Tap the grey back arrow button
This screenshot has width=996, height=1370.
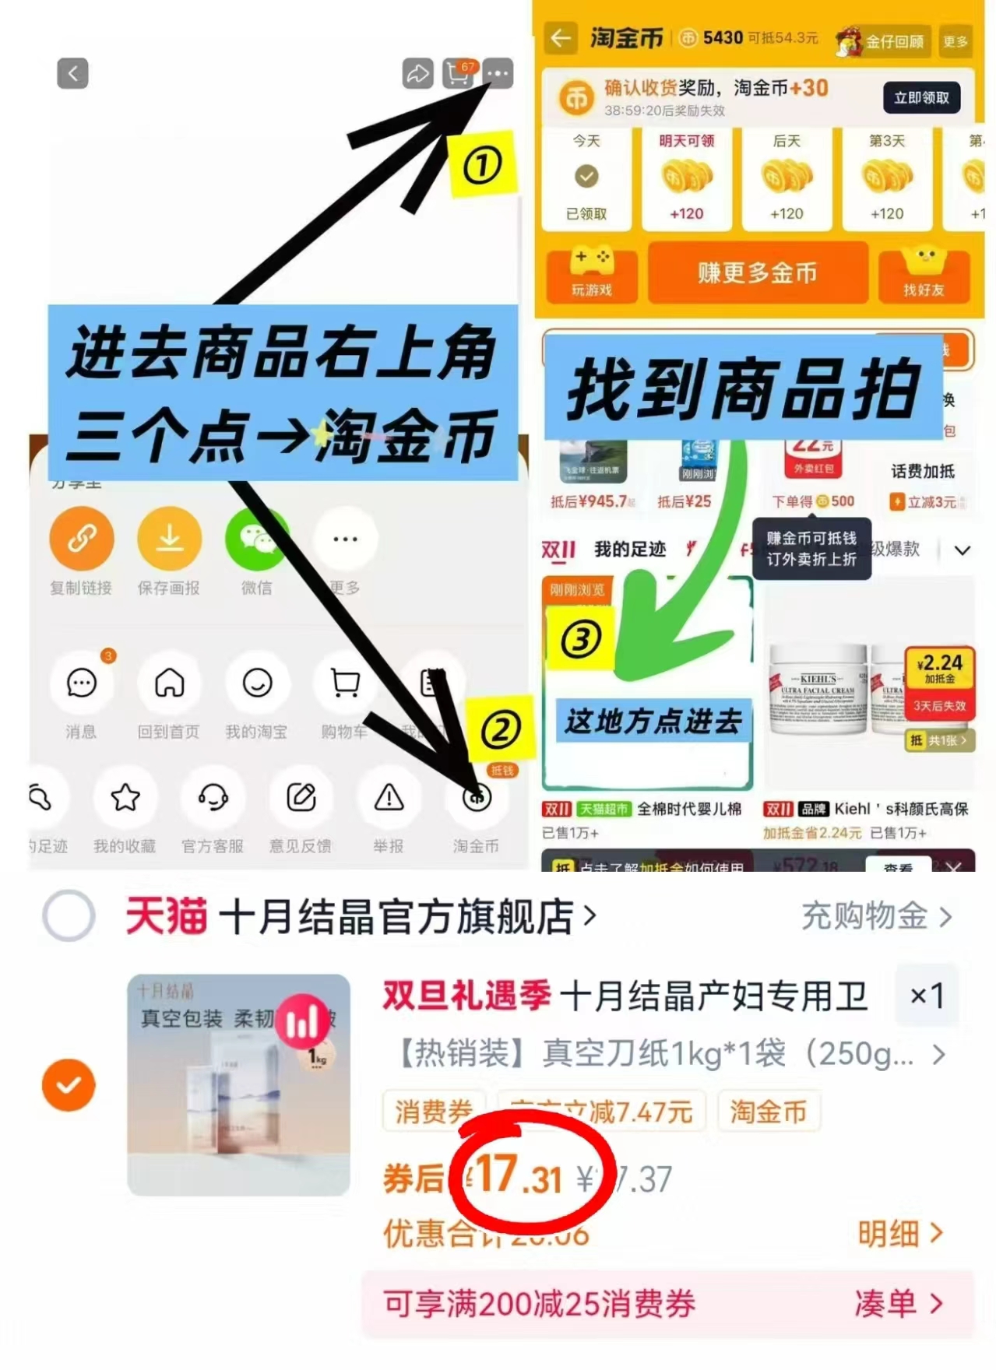pos(72,74)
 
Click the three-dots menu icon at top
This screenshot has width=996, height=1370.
pos(498,74)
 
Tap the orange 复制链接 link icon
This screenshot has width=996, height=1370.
pos(82,538)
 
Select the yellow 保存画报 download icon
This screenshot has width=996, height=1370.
pos(169,538)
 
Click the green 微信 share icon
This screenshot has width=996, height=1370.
pos(256,538)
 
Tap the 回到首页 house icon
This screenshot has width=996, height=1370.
pos(169,683)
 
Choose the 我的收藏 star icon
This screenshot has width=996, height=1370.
pos(125,798)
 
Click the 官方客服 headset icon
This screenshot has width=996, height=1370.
pos(213,798)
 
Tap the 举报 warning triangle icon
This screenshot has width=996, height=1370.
pos(389,798)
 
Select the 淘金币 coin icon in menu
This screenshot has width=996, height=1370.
pos(477,798)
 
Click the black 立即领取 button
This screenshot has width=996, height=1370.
pos(921,98)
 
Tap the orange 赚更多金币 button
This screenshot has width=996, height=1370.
pos(757,273)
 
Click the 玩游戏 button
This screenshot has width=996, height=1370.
pos(592,275)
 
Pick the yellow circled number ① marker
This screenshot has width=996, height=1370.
pos(482,165)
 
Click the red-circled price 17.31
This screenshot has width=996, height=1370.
pos(520,1174)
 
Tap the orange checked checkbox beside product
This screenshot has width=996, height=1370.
pos(69,1084)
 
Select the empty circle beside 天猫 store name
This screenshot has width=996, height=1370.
pos(69,915)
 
